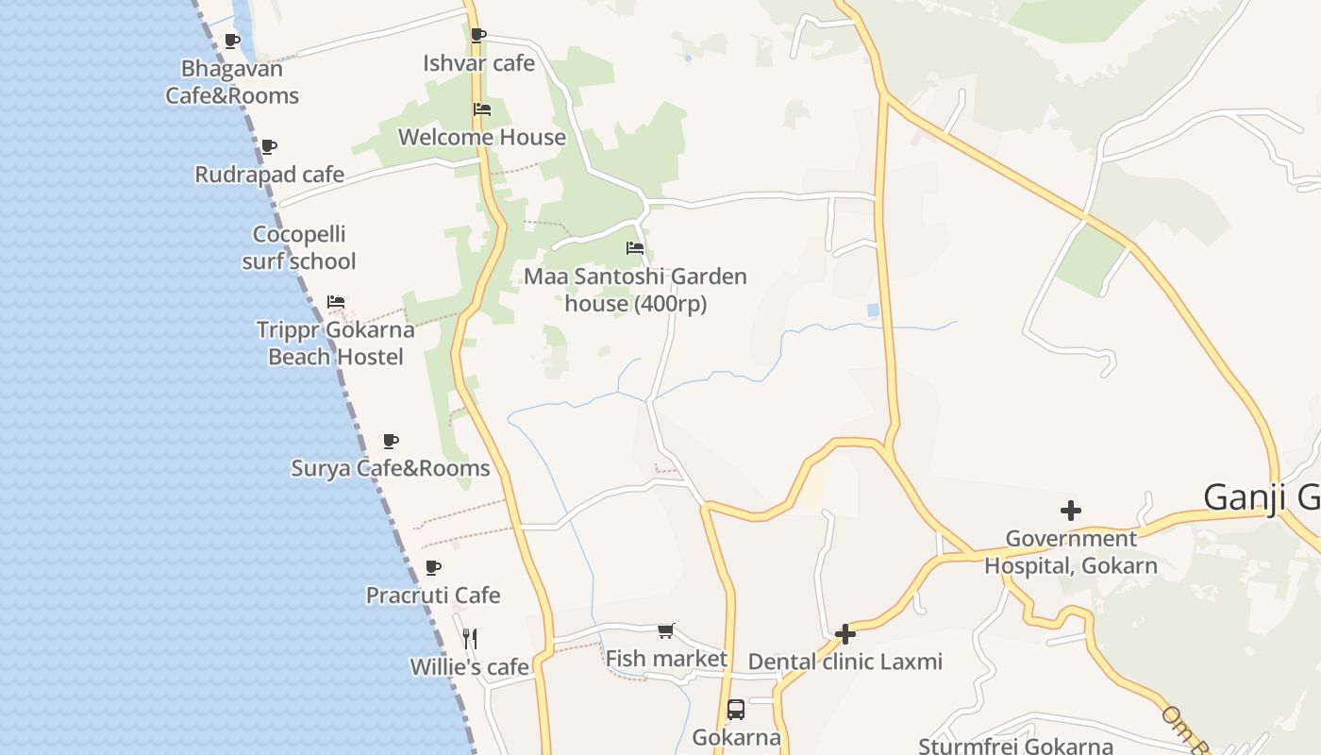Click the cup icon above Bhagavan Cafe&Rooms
click(232, 41)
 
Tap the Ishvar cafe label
click(478, 63)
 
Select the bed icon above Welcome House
click(482, 109)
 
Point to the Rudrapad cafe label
click(269, 175)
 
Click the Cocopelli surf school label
click(299, 247)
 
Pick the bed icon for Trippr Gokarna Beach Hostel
click(336, 302)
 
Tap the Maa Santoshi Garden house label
click(635, 290)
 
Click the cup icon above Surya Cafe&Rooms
click(391, 441)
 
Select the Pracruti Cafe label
click(432, 596)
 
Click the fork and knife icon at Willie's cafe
click(470, 639)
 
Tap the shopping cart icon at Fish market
click(666, 630)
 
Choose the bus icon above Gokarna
click(736, 710)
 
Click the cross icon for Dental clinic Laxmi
click(845, 634)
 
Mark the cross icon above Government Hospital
click(1071, 511)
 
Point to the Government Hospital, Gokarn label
click(1071, 552)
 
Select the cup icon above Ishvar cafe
click(478, 36)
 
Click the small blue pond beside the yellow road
click(874, 310)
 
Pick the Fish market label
click(666, 659)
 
